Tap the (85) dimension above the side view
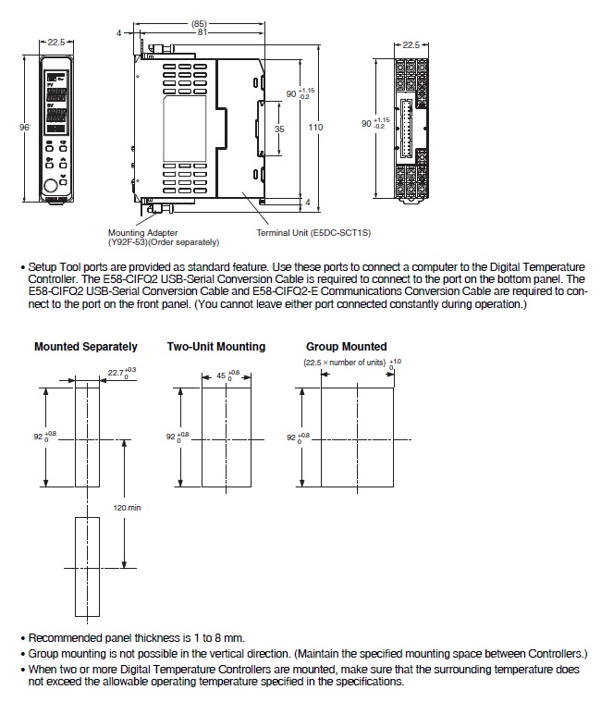coord(199,23)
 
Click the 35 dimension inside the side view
coord(280,129)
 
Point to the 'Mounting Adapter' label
coord(143,233)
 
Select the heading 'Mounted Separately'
coord(86,347)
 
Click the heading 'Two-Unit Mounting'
coord(216,347)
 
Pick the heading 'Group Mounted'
coord(347,347)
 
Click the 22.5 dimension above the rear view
coord(412,43)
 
